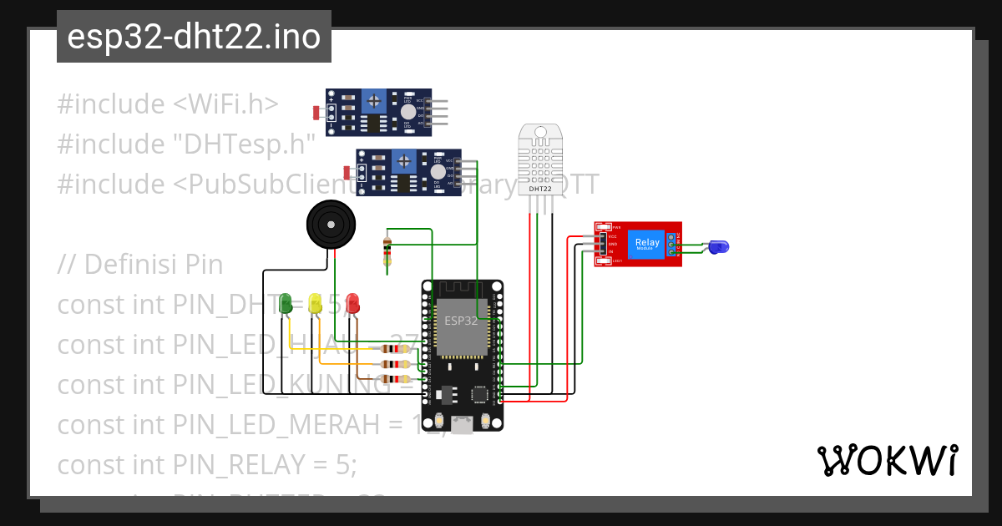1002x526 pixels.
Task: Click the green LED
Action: (286, 304)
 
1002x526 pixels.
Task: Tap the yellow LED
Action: (315, 304)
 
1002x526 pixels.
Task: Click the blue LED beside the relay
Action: (717, 246)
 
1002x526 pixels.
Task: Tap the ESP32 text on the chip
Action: (461, 321)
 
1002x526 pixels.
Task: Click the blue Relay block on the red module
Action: (646, 243)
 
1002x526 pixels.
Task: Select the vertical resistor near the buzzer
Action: (386, 250)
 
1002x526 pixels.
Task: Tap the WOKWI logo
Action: (887, 461)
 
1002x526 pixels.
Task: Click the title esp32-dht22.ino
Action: (194, 38)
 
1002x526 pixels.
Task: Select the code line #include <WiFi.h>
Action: (167, 104)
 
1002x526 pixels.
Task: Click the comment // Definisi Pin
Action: (140, 265)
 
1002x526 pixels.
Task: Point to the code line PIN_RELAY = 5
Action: (206, 464)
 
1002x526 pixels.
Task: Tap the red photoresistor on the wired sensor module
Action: (348, 173)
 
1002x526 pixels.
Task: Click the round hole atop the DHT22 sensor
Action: (540, 131)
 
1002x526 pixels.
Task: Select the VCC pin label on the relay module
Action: (612, 237)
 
